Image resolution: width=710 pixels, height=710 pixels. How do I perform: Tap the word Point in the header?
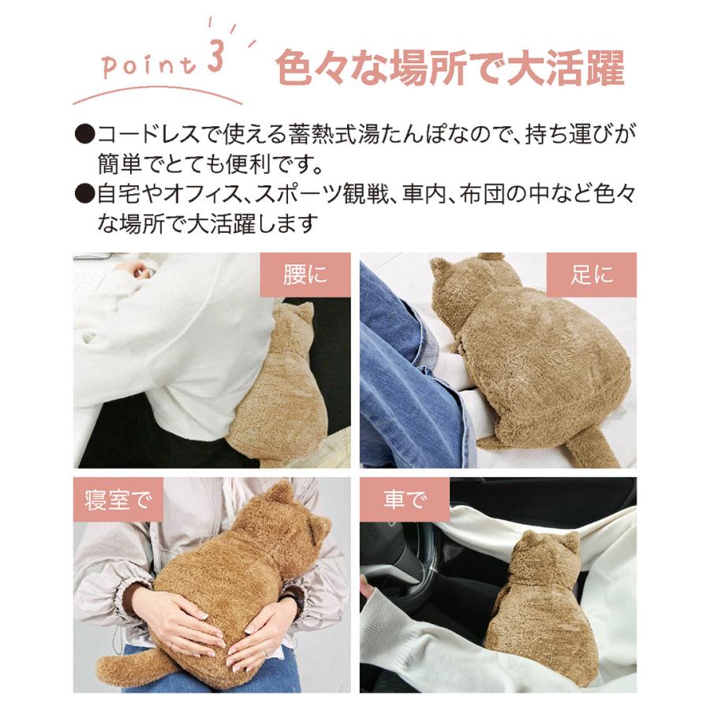pyautogui.click(x=149, y=66)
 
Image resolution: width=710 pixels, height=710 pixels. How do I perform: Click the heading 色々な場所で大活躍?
pyautogui.click(x=450, y=69)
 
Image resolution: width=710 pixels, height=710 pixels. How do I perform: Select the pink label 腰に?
pyautogui.click(x=305, y=275)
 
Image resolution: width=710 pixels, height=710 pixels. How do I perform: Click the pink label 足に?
pyautogui.click(x=592, y=275)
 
